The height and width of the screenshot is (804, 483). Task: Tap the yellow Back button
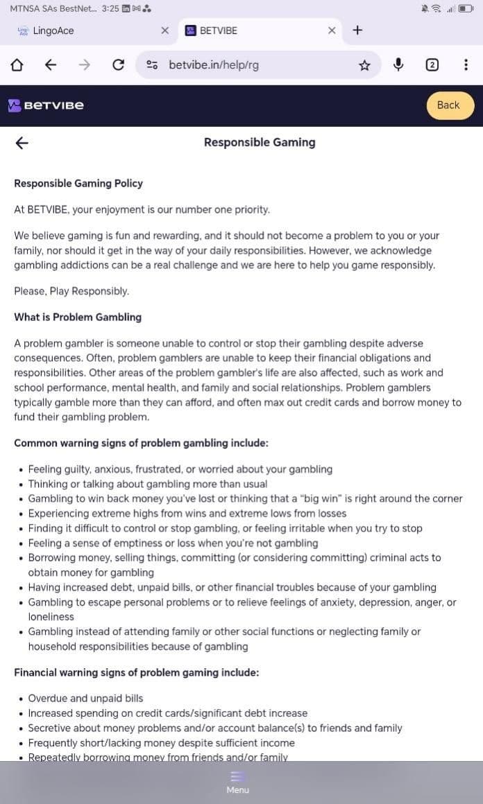tap(448, 105)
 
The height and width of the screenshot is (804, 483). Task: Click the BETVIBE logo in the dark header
tap(46, 105)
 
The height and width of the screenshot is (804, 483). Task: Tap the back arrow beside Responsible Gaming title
tap(22, 143)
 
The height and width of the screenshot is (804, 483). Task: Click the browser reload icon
tap(119, 65)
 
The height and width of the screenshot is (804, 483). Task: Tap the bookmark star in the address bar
tap(364, 65)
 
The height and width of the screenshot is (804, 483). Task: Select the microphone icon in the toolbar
tap(398, 65)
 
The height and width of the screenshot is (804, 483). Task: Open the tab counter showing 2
tap(432, 65)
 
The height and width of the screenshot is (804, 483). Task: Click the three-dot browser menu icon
tap(465, 65)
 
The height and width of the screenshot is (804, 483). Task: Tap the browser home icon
tap(17, 65)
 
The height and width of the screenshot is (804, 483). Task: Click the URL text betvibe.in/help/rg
tap(214, 65)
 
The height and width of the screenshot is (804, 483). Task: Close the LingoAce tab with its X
tap(164, 30)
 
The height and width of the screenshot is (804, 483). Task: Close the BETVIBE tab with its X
tap(332, 30)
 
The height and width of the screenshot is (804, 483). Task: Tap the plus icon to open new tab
tap(357, 30)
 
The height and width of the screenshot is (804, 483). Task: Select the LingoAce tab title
tap(53, 30)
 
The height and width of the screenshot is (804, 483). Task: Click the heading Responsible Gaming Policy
tap(78, 184)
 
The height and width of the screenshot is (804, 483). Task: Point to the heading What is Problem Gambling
tap(78, 317)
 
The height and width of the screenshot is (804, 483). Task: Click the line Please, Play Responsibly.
tap(71, 291)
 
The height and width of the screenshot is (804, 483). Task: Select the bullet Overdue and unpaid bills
tap(85, 698)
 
